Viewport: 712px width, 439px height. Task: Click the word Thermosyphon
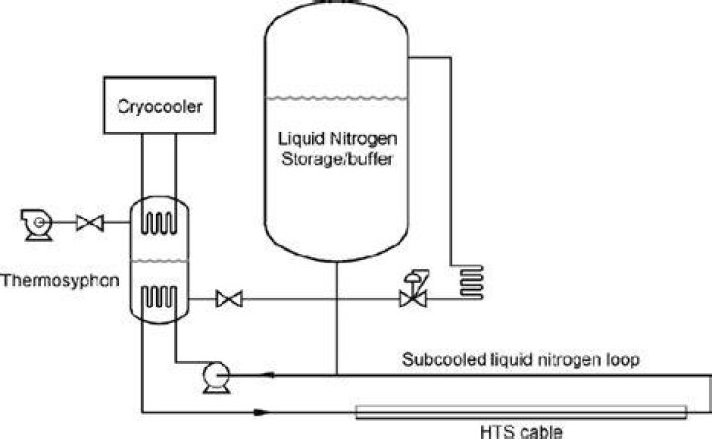[60, 280]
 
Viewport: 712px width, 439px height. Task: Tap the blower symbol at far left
[37, 224]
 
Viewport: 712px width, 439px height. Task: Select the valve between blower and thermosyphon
[90, 222]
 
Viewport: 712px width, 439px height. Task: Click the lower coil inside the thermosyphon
[159, 298]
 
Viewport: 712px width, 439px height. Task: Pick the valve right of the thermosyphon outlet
[229, 299]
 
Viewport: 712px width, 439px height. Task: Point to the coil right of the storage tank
[472, 282]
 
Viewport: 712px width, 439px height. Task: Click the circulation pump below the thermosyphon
[217, 377]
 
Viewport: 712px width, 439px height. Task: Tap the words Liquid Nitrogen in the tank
[337, 139]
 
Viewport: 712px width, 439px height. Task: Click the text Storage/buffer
[336, 159]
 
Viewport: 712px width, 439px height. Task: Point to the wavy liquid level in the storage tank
[336, 97]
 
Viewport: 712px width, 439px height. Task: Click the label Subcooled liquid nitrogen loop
[521, 360]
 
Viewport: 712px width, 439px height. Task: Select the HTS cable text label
[521, 431]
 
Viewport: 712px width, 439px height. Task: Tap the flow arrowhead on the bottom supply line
[262, 412]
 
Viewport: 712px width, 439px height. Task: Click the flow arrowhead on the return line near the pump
[268, 375]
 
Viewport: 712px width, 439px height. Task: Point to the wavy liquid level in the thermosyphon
[159, 261]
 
